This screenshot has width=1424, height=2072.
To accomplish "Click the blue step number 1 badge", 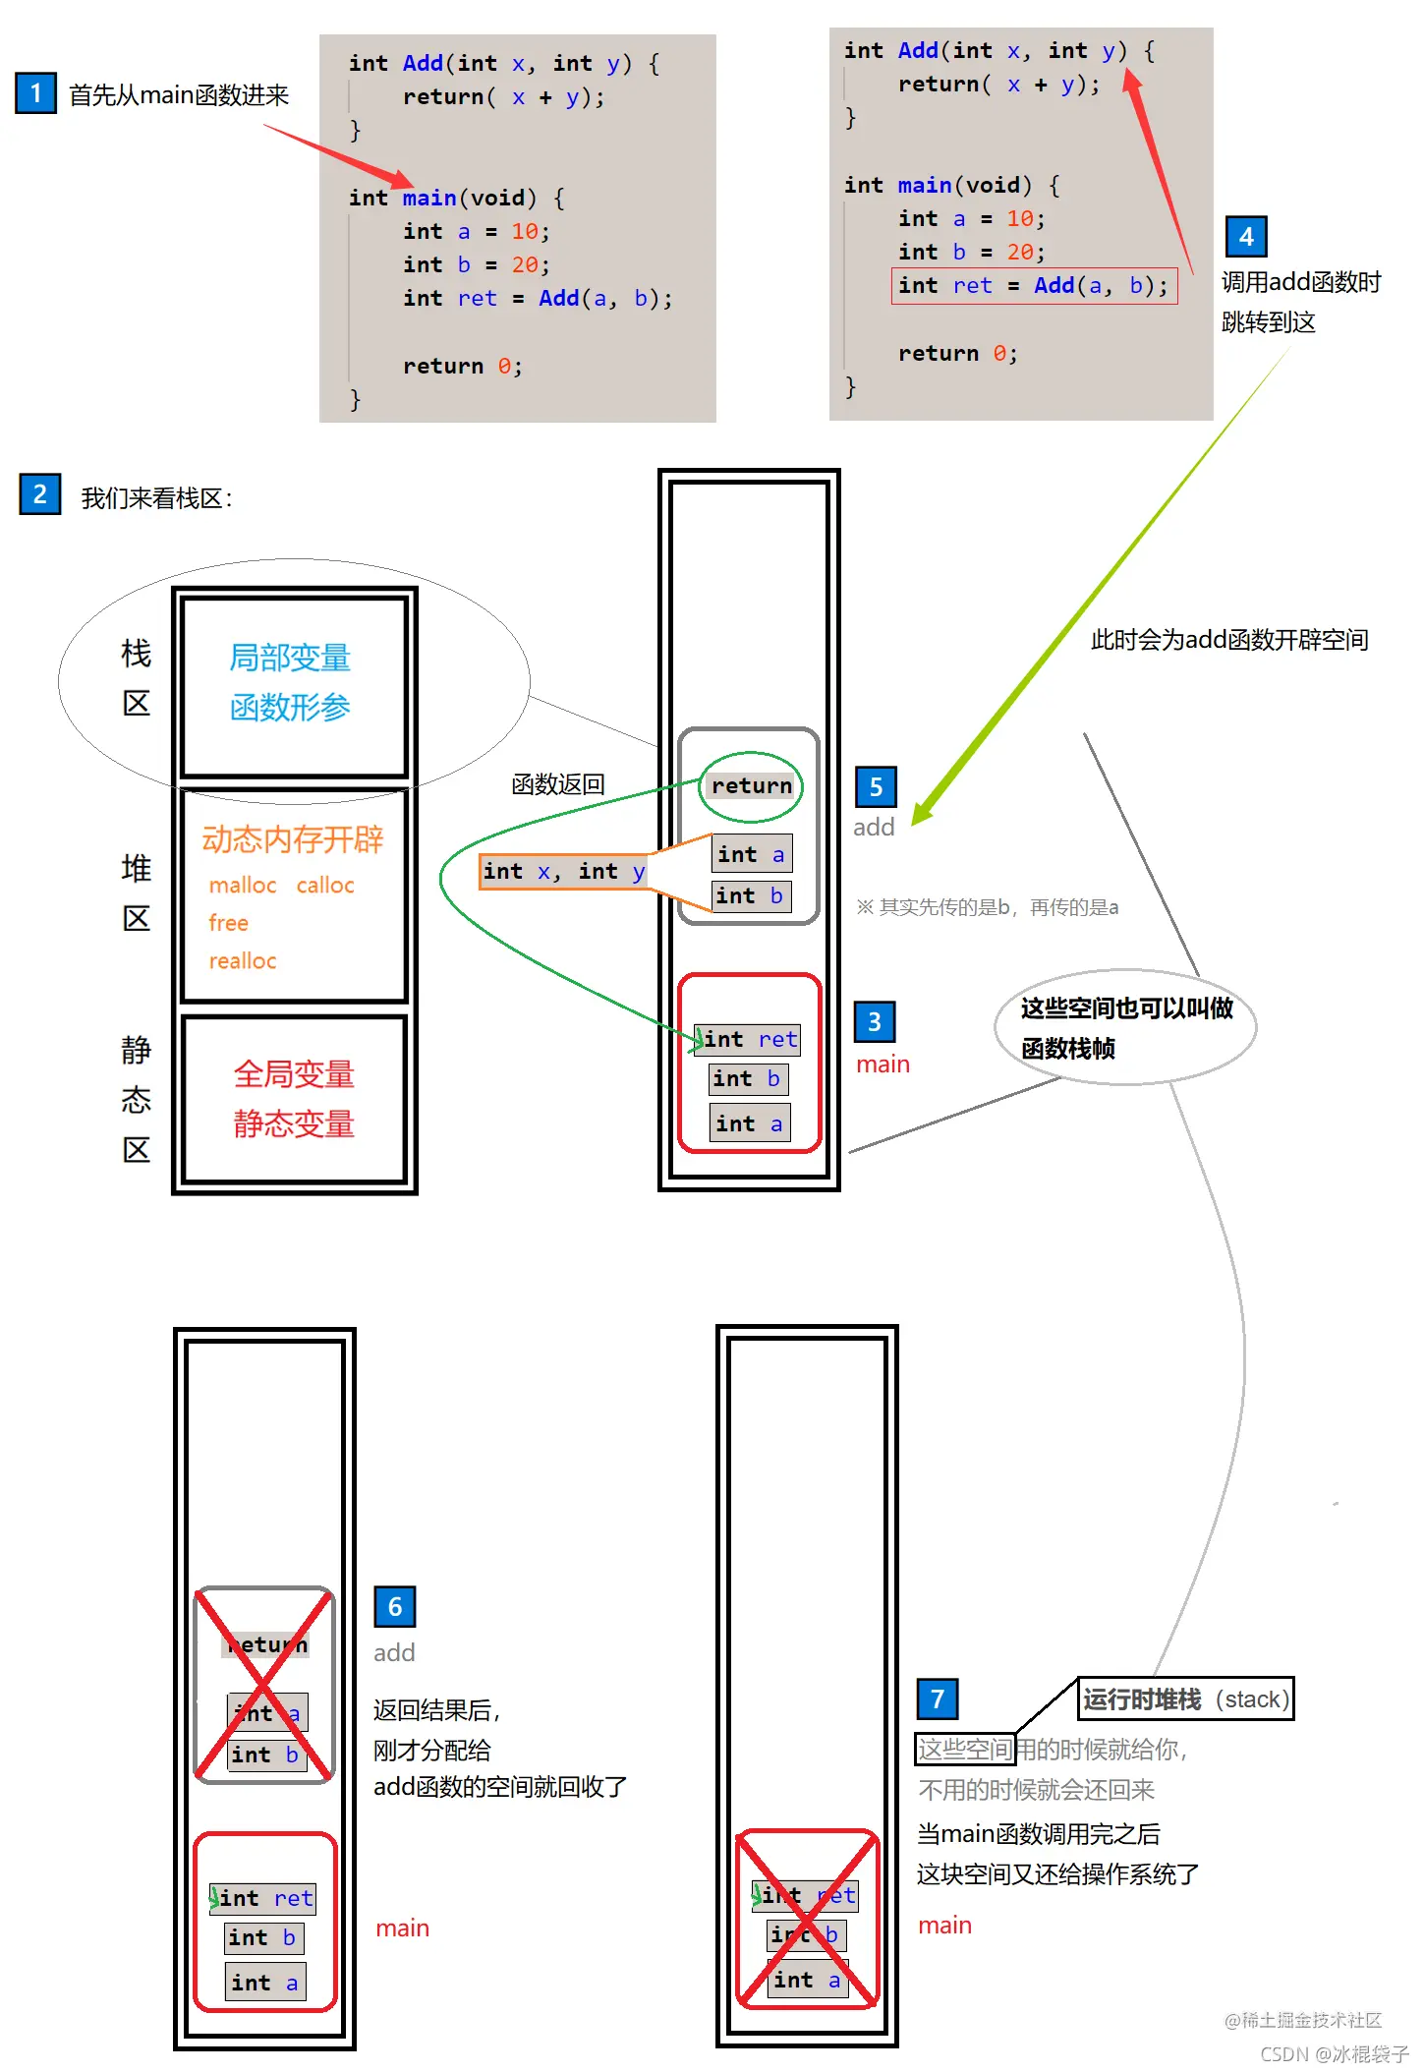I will tap(35, 92).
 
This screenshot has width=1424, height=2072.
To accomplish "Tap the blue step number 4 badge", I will tap(1246, 236).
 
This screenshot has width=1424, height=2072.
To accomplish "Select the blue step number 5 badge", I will tap(876, 786).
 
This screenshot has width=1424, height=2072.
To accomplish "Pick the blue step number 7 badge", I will tap(937, 1698).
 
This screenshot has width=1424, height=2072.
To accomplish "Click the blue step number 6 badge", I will tap(394, 1607).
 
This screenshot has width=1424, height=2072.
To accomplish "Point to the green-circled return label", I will tap(751, 785).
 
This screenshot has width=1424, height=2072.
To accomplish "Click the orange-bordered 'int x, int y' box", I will tap(563, 872).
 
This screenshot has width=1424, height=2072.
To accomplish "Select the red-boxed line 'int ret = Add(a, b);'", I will tap(1034, 286).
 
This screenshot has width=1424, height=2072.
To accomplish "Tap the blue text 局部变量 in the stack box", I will tap(290, 657).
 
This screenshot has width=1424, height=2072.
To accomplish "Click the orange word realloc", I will tap(243, 960).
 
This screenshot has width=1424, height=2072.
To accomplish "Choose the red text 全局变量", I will tap(293, 1073).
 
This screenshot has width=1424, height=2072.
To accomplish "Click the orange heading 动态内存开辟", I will tap(293, 839).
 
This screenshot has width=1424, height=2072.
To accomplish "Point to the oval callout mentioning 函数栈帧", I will tap(1125, 1027).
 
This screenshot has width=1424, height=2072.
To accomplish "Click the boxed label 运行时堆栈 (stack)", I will tap(1185, 1698).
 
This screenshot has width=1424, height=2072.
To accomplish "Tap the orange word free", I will tap(228, 923).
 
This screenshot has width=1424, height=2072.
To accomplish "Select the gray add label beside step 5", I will tap(874, 827).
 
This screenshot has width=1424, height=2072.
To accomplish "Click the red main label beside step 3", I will tap(883, 1064).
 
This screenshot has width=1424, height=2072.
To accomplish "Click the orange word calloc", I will tap(325, 885).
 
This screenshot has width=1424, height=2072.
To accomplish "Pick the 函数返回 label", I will tap(558, 784).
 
